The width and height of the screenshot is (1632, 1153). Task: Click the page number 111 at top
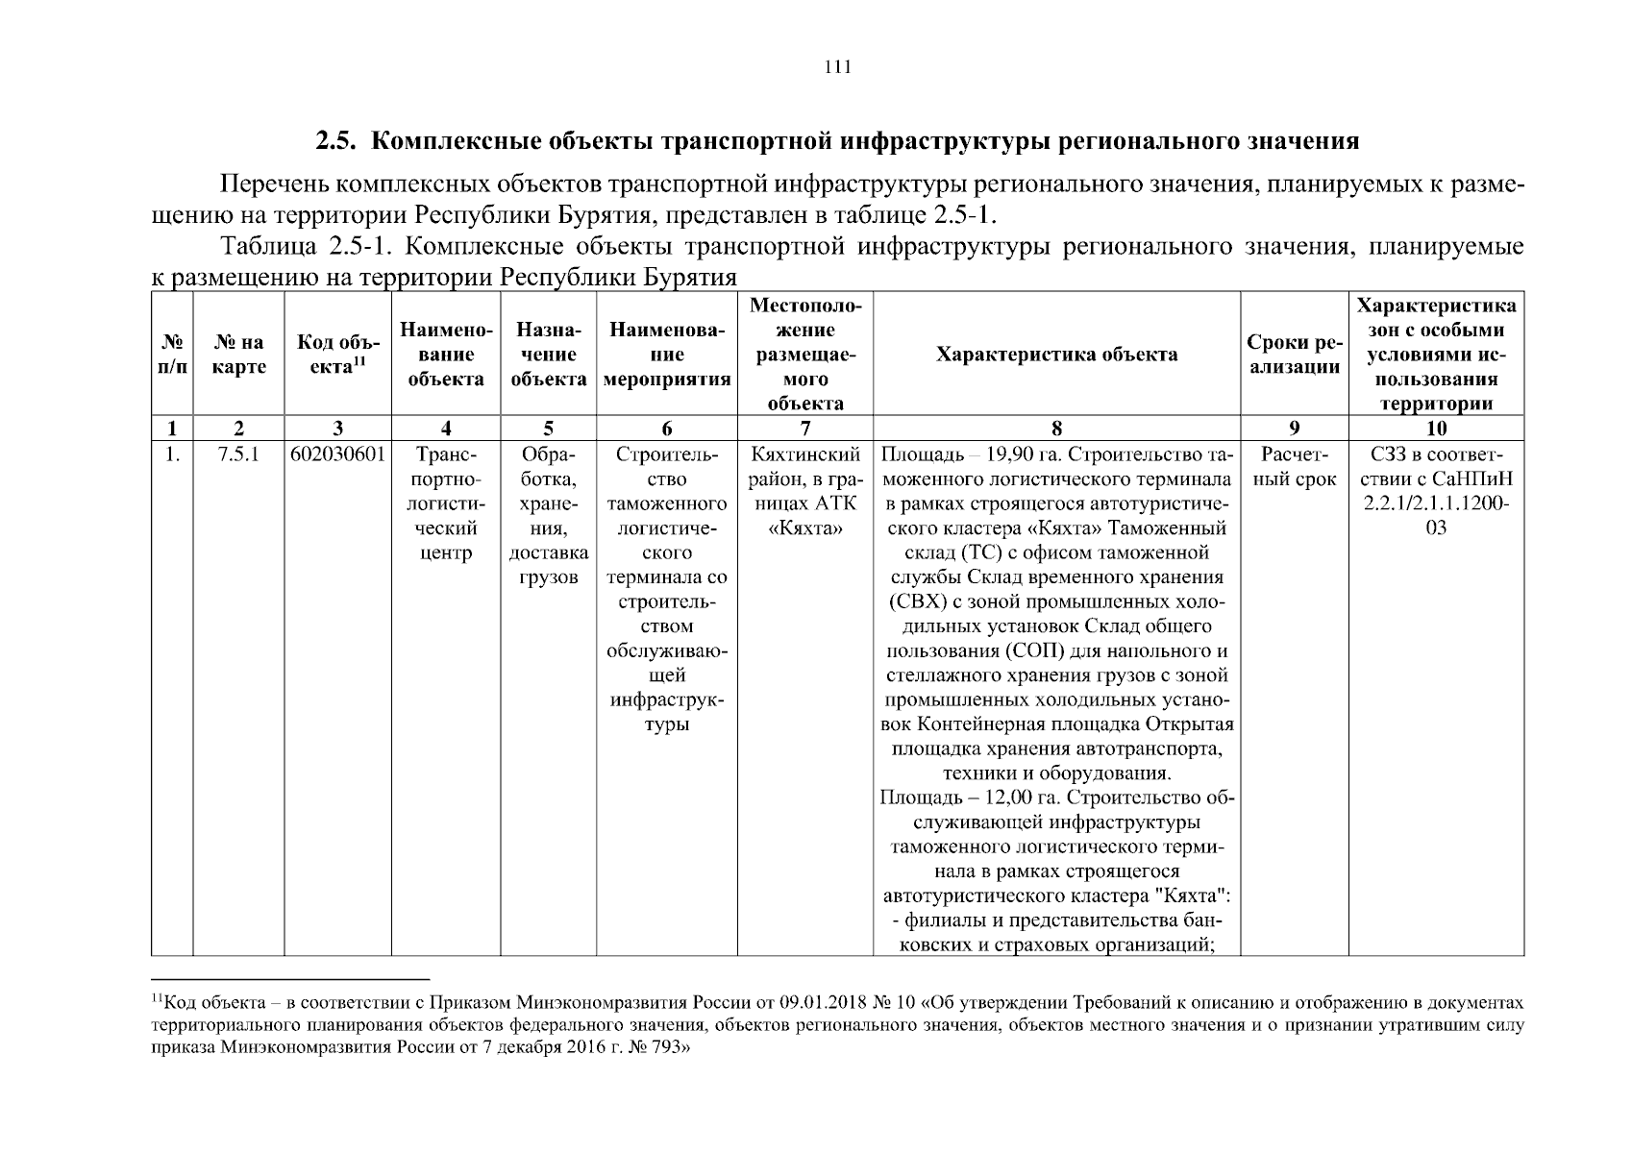tap(837, 67)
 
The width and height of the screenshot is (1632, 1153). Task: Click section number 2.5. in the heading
tap(337, 142)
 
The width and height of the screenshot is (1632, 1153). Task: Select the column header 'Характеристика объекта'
tap(1056, 355)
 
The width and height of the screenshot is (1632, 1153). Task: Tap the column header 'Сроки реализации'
tap(1293, 355)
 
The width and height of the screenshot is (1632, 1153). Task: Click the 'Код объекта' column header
tap(337, 355)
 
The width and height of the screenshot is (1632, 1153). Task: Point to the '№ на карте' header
tap(238, 355)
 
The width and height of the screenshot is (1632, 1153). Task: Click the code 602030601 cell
tap(337, 454)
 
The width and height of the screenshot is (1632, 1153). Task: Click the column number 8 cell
tap(1056, 429)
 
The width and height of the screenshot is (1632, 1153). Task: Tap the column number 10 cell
tap(1436, 429)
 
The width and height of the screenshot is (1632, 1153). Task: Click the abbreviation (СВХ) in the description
tap(922, 602)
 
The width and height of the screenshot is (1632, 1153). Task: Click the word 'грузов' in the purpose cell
tap(548, 577)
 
